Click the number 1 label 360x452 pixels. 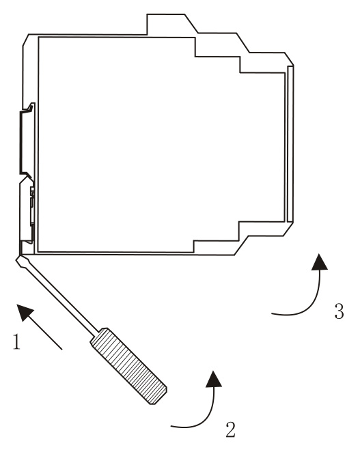16,341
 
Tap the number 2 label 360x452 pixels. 230,429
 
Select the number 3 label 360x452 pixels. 340,311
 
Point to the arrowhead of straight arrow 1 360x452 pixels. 25,311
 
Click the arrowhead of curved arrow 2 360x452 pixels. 214,378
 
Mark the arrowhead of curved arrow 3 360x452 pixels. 319,262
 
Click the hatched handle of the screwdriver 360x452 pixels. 128,366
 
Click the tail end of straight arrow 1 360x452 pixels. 61,350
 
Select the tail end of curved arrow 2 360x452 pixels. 171,426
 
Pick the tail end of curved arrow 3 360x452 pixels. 272,313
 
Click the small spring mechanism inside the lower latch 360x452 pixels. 32,206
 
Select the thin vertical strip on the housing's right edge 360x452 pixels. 290,144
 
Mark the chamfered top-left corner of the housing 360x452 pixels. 26,40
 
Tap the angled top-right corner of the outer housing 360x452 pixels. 290,59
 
